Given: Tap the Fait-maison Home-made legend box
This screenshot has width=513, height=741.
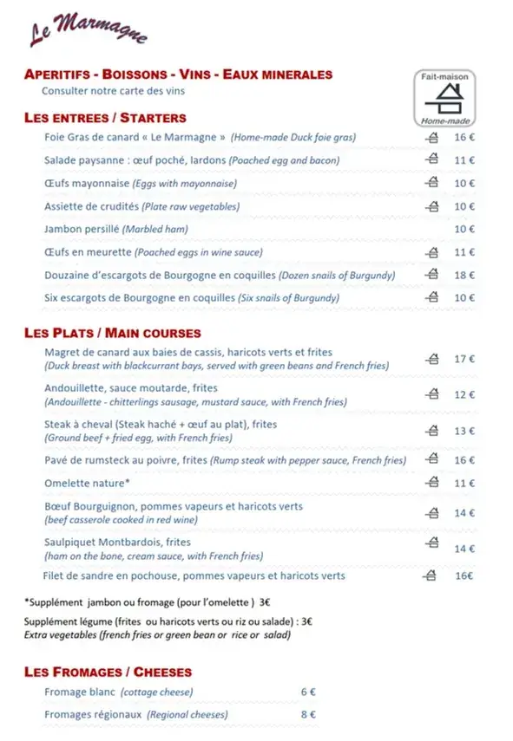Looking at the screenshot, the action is [444, 97].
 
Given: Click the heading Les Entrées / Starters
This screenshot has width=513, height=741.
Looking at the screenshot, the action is [105, 118].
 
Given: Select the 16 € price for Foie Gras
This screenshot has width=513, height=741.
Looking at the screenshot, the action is [464, 137].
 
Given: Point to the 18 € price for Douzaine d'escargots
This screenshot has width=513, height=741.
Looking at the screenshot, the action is [464, 275].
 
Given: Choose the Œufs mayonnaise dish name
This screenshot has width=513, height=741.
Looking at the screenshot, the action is [87, 183].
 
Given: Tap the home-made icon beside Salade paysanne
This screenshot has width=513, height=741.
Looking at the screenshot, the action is [431, 159].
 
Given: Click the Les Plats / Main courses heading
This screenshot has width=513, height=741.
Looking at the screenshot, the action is [113, 333].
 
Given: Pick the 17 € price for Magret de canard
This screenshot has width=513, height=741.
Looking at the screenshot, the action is [464, 359].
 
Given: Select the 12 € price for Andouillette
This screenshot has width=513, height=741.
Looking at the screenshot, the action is [464, 395].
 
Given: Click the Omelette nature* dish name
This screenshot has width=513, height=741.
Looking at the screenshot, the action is [87, 483].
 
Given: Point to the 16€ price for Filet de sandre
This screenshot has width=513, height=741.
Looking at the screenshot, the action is [464, 575].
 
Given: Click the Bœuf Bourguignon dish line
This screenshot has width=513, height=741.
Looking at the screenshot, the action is [174, 506].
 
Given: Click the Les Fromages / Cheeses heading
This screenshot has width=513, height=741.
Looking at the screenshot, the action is [109, 672].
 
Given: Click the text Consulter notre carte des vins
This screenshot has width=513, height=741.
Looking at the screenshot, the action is [113, 90].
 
